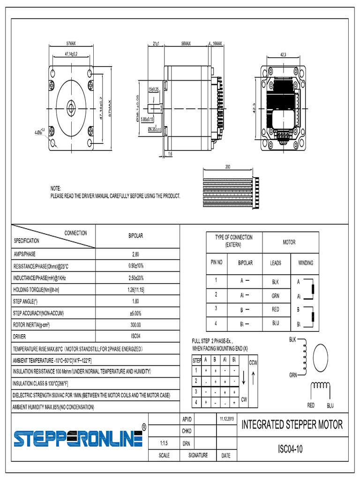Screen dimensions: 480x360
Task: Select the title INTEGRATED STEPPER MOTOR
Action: (292, 425)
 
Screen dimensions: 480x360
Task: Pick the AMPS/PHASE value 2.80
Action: (136, 255)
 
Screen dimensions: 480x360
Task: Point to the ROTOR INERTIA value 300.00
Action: (136, 324)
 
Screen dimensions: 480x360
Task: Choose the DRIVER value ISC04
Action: (136, 336)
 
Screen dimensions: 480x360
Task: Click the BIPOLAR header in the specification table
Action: (136, 236)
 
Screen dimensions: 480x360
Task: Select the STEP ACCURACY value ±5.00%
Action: (136, 313)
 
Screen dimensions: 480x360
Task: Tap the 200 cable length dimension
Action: (227, 166)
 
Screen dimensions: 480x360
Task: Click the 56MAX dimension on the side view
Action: (186, 44)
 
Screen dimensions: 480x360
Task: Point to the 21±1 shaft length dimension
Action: (157, 44)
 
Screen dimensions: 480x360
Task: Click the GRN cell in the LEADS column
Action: (276, 296)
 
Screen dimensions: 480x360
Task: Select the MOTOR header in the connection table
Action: (289, 242)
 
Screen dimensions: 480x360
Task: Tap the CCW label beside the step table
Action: (253, 362)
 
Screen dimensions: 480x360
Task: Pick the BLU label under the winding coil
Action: (330, 405)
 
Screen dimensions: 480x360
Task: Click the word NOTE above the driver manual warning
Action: (56, 188)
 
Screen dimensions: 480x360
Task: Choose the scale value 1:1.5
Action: (164, 442)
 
